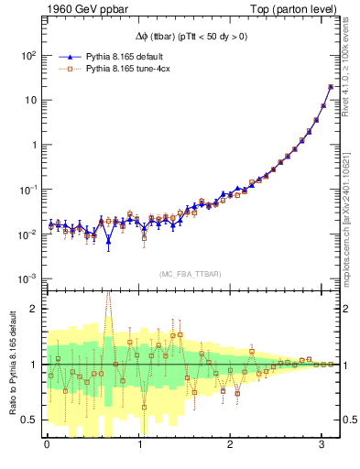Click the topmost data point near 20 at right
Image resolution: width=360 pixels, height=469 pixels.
click(x=330, y=87)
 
